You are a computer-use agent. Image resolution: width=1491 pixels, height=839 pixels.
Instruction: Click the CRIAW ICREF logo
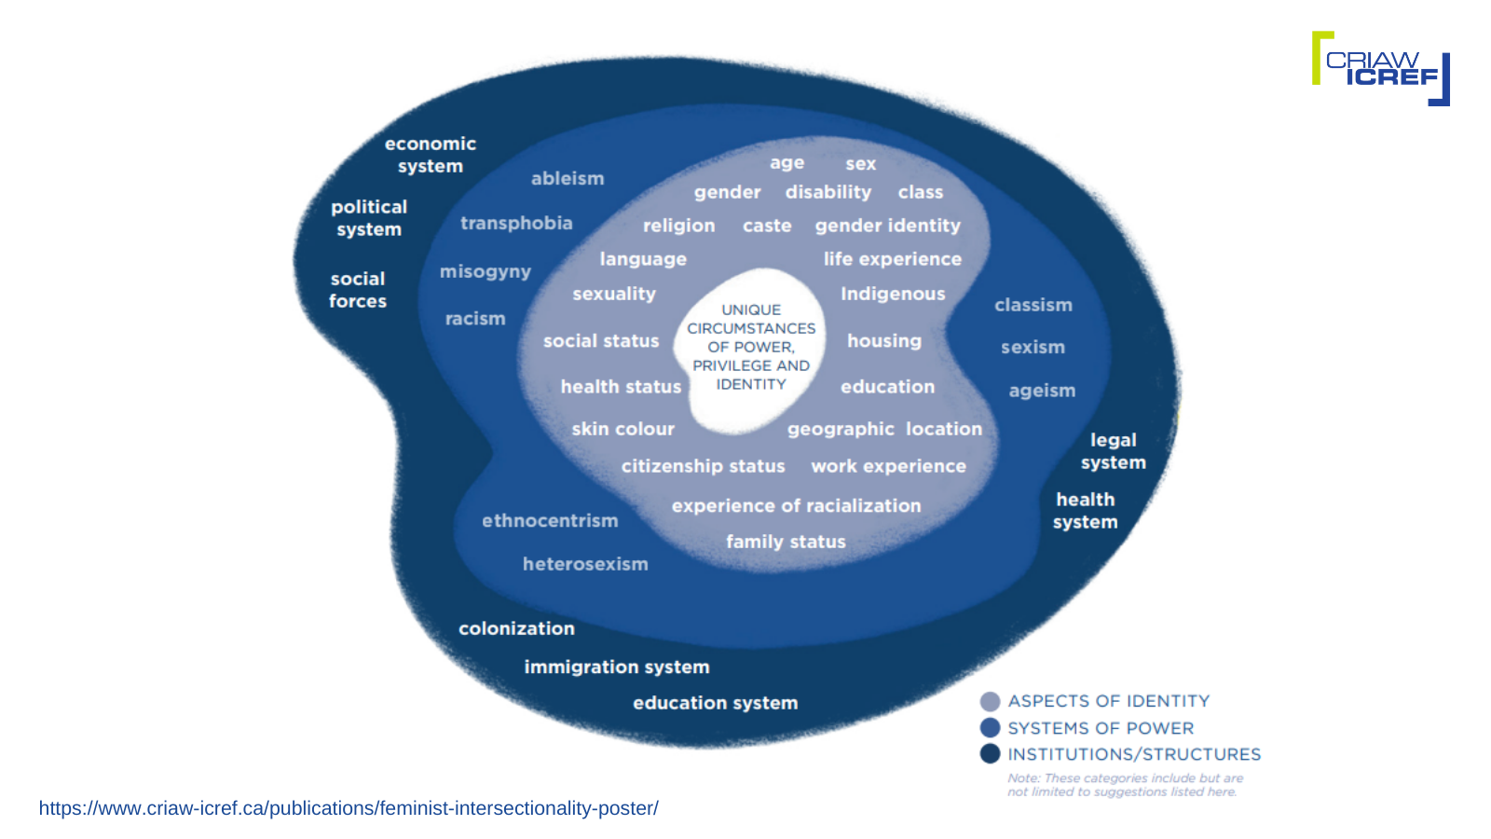[x=1380, y=68]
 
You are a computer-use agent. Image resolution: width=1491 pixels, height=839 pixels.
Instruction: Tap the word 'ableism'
[x=568, y=178]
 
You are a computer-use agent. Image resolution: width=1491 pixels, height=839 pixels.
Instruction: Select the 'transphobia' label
[x=516, y=223]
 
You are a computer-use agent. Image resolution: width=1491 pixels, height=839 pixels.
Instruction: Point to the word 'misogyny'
[x=486, y=271]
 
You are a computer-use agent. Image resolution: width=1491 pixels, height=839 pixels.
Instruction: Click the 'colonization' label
[x=516, y=628]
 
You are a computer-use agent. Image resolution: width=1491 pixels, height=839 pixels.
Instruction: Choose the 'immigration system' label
[x=617, y=667]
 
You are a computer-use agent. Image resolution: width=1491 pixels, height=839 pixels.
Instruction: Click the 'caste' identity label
[x=767, y=226]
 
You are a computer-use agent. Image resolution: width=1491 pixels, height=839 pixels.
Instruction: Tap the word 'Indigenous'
[x=893, y=294]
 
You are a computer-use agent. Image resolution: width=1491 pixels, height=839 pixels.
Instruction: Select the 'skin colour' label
[x=622, y=429]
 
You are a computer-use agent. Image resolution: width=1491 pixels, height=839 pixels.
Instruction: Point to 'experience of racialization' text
[x=796, y=505]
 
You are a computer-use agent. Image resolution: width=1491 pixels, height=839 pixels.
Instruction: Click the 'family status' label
[x=786, y=542]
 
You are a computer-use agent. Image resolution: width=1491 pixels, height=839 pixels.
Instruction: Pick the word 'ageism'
[x=1042, y=391]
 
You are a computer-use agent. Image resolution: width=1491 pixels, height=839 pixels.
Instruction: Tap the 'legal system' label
[x=1114, y=451]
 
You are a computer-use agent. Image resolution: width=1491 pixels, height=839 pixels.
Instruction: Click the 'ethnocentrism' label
[x=550, y=520]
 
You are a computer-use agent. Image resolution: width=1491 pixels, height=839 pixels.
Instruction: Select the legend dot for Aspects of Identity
[x=991, y=701]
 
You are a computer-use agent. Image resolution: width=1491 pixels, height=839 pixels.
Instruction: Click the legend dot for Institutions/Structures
[x=991, y=753]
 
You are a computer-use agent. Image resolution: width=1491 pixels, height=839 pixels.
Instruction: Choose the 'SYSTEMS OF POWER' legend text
[x=1101, y=728]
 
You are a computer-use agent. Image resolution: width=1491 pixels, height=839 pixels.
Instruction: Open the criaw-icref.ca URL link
[x=349, y=808]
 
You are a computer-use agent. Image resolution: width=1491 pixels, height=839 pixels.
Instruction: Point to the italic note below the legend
[x=1125, y=785]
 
